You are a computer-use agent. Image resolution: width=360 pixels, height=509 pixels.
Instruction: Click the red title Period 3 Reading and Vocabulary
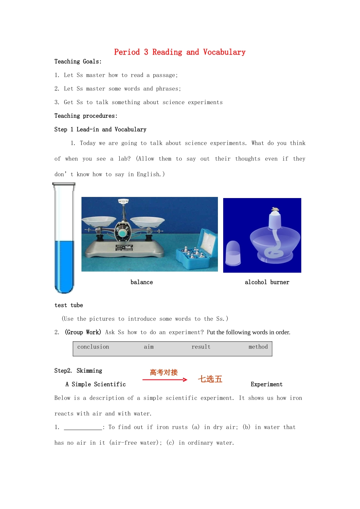(180, 52)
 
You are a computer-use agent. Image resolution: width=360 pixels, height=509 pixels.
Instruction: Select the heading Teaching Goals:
(78, 62)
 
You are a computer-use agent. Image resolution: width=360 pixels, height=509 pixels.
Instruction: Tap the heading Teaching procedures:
(86, 116)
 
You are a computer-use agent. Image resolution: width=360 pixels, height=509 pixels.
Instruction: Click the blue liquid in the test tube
(64, 265)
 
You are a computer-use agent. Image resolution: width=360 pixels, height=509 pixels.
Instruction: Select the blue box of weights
(195, 252)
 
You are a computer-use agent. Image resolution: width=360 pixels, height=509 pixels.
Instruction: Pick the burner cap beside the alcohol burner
(233, 253)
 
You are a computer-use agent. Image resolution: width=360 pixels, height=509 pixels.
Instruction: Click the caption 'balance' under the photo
(142, 282)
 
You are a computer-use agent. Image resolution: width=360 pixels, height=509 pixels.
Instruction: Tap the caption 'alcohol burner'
(267, 282)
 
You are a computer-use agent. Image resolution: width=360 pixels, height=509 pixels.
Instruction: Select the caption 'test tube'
(69, 305)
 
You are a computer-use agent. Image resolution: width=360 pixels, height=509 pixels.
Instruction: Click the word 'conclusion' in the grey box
(93, 347)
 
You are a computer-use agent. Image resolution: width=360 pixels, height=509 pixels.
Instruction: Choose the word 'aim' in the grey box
(149, 347)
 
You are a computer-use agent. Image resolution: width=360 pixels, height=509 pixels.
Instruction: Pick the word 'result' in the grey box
(201, 347)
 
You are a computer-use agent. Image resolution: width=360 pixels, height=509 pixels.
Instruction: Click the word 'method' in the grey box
(258, 347)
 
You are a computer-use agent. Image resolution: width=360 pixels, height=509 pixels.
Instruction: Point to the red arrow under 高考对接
(165, 379)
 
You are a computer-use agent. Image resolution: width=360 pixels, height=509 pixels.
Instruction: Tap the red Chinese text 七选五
(210, 379)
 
